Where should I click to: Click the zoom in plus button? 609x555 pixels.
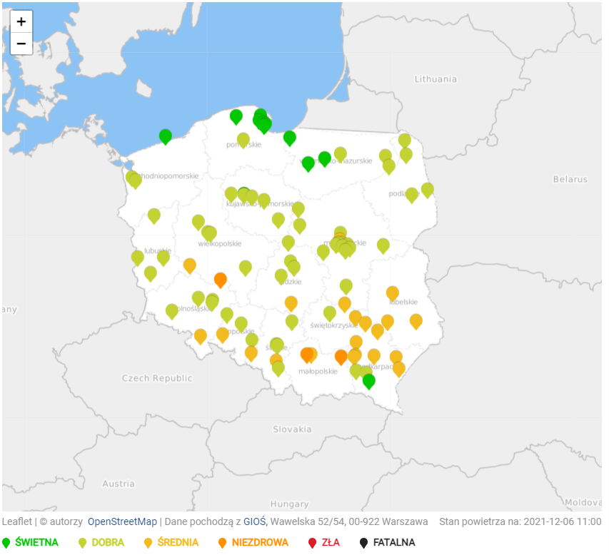tap(21, 21)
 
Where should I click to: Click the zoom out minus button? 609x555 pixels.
tap(21, 44)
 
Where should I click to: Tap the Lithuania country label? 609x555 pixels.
tap(436, 79)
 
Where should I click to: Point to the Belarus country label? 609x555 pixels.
tap(570, 179)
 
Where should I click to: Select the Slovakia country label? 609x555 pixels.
tap(292, 429)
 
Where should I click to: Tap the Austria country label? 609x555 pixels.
tap(119, 484)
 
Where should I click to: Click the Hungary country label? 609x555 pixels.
tap(289, 504)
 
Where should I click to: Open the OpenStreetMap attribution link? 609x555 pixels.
tap(122, 521)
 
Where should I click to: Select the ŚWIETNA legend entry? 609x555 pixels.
tap(36, 542)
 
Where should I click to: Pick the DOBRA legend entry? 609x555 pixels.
tap(107, 542)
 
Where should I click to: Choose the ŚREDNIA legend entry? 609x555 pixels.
tap(178, 542)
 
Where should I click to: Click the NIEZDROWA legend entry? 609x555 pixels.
tap(260, 542)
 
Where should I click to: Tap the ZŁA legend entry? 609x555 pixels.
tap(330, 542)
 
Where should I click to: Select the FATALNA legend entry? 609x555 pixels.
tap(393, 542)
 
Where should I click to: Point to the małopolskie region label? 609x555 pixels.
tap(318, 372)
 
